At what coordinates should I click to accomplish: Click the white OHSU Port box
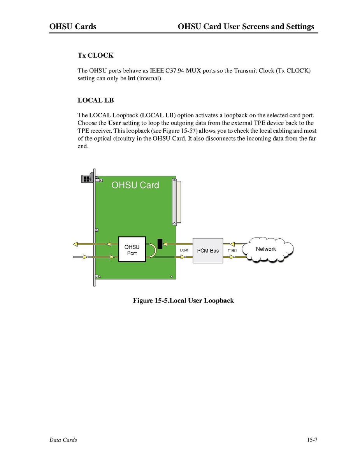pos(132,249)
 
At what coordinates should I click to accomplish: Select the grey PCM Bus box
pos(208,251)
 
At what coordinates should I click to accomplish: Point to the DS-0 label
pos(184,251)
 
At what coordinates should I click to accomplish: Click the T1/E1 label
pos(232,251)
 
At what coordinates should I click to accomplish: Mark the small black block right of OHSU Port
pos(160,243)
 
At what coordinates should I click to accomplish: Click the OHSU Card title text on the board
pos(135,185)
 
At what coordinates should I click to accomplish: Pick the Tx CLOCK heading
pos(95,55)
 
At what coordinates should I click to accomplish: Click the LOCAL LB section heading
pos(95,100)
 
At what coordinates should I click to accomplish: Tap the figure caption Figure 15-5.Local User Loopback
pos(183,301)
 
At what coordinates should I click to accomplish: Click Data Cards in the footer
pos(63,440)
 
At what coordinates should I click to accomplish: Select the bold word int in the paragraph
pos(132,78)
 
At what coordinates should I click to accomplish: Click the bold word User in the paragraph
pos(114,123)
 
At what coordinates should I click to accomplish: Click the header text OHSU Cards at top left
pos(73,26)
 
